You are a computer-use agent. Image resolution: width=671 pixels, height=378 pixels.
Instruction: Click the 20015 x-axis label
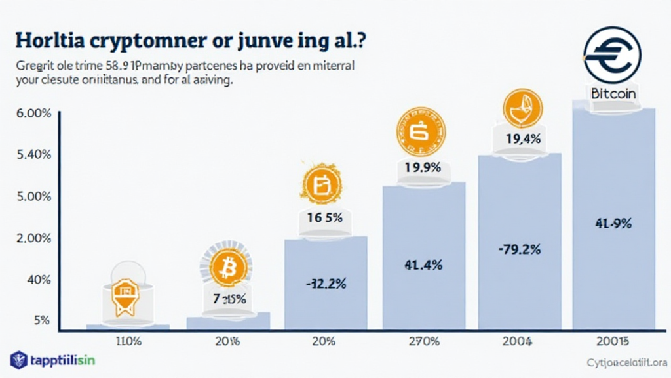pos(613,341)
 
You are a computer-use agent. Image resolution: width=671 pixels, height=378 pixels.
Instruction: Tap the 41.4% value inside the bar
pos(424,265)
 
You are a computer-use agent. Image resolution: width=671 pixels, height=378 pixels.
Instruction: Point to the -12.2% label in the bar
pos(326,283)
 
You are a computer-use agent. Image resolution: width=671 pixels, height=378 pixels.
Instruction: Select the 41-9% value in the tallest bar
pos(613,223)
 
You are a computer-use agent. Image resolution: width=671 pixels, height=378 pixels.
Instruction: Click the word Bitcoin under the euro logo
pos(613,93)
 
